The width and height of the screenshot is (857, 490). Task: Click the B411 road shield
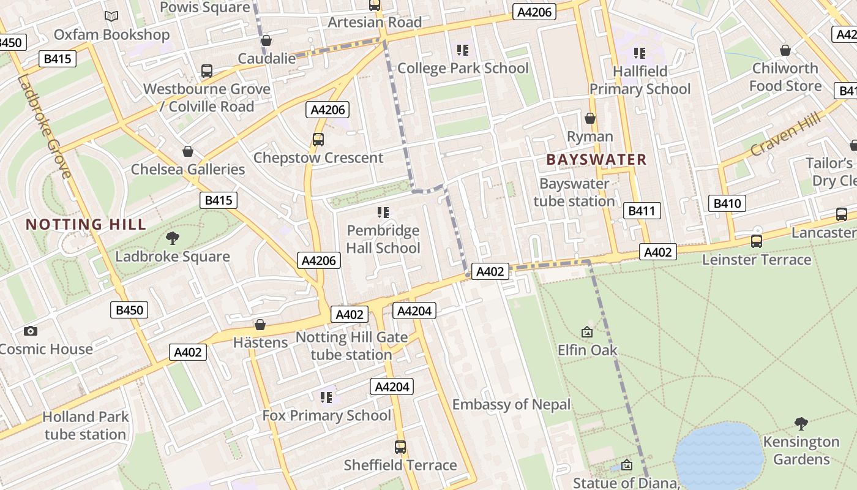pyautogui.click(x=642, y=211)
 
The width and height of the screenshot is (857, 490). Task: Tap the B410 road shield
pyautogui.click(x=727, y=203)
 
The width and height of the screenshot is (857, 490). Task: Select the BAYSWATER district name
pyautogui.click(x=596, y=160)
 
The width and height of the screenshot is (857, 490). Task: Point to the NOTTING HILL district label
pyautogui.click(x=86, y=224)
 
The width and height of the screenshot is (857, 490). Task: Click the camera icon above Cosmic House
pyautogui.click(x=31, y=331)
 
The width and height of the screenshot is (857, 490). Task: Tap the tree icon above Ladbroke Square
pyautogui.click(x=173, y=238)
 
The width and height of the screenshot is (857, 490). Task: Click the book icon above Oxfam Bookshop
pyautogui.click(x=111, y=17)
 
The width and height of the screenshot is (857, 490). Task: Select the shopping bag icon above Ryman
pyautogui.click(x=590, y=118)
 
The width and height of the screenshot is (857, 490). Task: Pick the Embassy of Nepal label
pyautogui.click(x=511, y=404)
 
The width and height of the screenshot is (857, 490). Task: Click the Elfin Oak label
pyautogui.click(x=587, y=350)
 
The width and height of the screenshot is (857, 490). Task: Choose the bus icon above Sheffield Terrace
pyautogui.click(x=400, y=447)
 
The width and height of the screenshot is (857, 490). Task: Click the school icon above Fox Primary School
pyautogui.click(x=326, y=398)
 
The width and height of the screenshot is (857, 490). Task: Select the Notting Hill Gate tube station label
pyautogui.click(x=351, y=346)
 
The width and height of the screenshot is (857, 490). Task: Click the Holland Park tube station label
pyautogui.click(x=85, y=426)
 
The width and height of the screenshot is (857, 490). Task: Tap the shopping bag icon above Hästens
pyautogui.click(x=260, y=325)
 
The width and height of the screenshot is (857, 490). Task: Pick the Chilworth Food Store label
pyautogui.click(x=785, y=77)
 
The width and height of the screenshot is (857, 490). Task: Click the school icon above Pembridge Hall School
pyautogui.click(x=383, y=213)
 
